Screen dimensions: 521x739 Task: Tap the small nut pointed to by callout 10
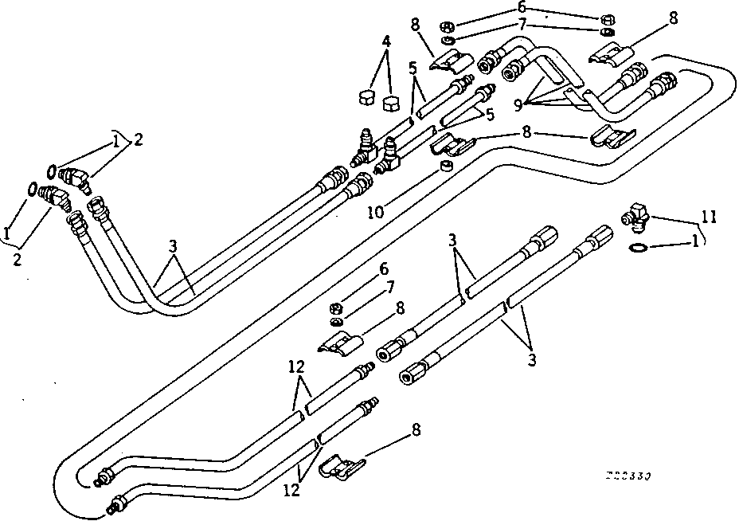pos(447,167)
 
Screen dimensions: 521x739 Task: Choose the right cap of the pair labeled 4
pos(391,103)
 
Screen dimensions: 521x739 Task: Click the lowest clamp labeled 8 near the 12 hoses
pos(339,464)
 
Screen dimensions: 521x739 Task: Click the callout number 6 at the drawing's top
pos(522,6)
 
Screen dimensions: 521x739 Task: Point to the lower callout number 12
pos(292,491)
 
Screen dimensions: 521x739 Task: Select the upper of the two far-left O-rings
pos(51,170)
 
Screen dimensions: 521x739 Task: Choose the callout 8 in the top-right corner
pos(674,18)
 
